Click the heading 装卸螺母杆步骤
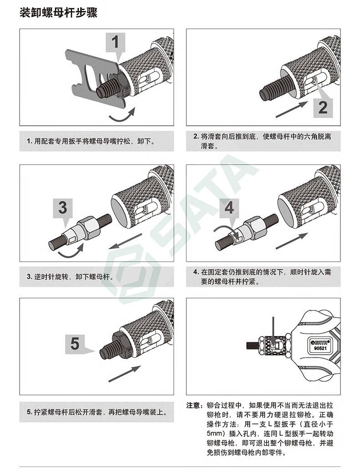pyautogui.click(x=58, y=13)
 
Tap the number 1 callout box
pyautogui.click(x=115, y=42)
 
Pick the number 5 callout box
pyautogui.click(x=75, y=344)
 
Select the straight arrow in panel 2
pyautogui.click(x=291, y=110)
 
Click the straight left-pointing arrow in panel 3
pyautogui.click(x=125, y=241)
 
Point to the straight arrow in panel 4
pyautogui.click(x=292, y=241)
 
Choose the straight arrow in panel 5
pyautogui.click(x=124, y=374)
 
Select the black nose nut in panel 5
pyautogui.click(x=122, y=346)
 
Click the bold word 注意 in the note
pyautogui.click(x=193, y=405)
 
